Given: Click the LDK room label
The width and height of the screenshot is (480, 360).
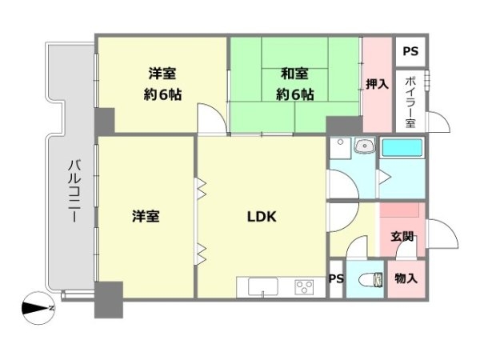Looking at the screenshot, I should (x=261, y=216).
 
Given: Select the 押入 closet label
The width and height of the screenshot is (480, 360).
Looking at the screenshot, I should (x=377, y=84).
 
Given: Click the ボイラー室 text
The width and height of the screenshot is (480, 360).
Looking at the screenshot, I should (x=410, y=102).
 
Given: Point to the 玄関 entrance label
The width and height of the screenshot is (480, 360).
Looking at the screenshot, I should (x=402, y=237).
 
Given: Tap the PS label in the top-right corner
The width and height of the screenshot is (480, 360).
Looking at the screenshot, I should (x=410, y=52).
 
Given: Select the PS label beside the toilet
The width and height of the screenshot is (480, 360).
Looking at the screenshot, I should (x=336, y=279).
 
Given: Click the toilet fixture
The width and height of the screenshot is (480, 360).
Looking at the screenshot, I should (x=369, y=280).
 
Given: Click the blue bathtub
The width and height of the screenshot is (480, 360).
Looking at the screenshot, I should (x=404, y=148).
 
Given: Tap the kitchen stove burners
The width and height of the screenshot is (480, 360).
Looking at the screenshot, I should (x=303, y=286).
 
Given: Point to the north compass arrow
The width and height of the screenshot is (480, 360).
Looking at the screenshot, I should (x=37, y=306).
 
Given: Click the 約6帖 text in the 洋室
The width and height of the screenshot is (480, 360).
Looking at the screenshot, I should (x=163, y=94).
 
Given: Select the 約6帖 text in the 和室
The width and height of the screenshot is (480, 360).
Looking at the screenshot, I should (x=295, y=94).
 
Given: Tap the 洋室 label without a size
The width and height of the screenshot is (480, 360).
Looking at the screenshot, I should (x=146, y=216).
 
